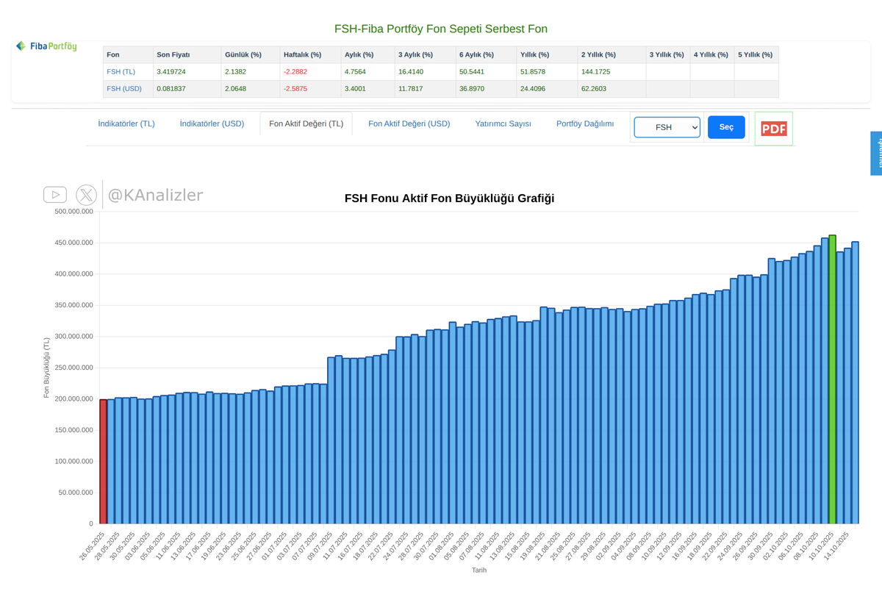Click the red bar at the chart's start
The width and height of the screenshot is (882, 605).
pos(103,461)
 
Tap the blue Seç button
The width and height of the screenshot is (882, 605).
pos(726,127)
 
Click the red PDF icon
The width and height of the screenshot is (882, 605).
pos(773,129)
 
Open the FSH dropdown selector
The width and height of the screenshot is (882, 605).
pos(667,127)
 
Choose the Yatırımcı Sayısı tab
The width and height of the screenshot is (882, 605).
pos(503,123)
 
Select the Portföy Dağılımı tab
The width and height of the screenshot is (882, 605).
pos(584,123)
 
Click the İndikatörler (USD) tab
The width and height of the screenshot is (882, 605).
pos(212,123)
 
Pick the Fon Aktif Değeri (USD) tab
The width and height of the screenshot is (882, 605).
pos(409,123)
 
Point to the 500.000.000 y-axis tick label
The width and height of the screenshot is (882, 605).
pos(73,212)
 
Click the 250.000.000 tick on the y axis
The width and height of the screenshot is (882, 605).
pos(73,368)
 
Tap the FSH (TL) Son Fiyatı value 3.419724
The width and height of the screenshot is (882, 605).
pos(176,72)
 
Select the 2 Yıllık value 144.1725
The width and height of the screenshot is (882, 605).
pos(596,72)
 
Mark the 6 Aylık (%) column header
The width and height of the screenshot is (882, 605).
pos(476,55)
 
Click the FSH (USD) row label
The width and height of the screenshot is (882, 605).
pos(123,89)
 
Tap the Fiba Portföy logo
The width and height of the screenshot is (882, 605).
pos(46,46)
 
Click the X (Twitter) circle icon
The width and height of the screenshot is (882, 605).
pos(86,195)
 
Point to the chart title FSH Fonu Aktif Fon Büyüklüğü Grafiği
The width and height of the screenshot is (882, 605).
pos(449,198)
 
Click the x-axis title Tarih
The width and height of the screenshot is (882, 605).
pos(478,570)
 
